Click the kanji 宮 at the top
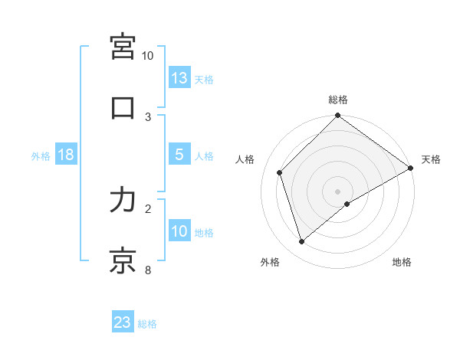click(x=123, y=47)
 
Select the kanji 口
click(x=123, y=108)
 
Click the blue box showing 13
click(x=179, y=77)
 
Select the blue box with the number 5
click(x=179, y=154)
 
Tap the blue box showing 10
click(x=179, y=231)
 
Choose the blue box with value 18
click(x=66, y=154)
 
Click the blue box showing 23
click(x=123, y=322)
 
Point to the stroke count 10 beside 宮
click(x=148, y=56)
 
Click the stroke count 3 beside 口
click(x=148, y=116)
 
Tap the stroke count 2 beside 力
click(x=148, y=208)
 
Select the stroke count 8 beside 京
click(x=148, y=269)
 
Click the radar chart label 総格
click(x=338, y=100)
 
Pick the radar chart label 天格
click(x=431, y=159)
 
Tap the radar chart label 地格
click(x=402, y=262)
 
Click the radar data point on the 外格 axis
click(x=302, y=242)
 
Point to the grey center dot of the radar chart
click(x=338, y=191)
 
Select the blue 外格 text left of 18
click(x=40, y=155)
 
